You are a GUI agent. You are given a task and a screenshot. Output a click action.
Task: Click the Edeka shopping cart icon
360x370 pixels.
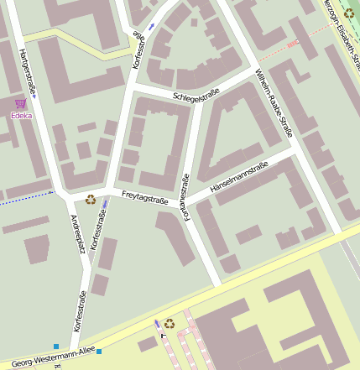coord(20,103)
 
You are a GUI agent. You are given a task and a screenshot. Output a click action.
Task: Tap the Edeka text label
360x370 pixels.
coord(21,115)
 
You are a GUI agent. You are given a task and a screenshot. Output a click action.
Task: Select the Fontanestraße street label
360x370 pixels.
coord(187,198)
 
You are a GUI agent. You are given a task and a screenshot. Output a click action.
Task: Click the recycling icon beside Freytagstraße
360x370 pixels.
coord(90,199)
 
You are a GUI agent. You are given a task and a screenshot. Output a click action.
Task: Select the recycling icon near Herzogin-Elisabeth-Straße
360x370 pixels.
coord(349,13)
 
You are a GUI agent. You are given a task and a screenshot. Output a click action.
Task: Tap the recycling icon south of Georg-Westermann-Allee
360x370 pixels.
coord(170,323)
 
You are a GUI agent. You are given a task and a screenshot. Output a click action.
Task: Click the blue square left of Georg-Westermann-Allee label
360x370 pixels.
coord(56,346)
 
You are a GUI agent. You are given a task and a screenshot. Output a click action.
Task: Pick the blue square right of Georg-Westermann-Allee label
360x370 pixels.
coord(99,351)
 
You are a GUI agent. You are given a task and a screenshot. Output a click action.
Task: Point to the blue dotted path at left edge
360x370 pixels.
coord(25,195)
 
